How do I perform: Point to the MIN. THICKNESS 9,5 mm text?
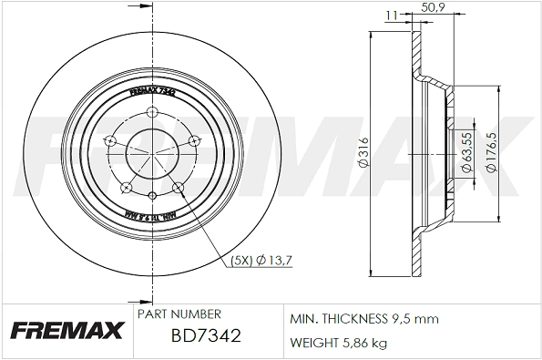[x=364, y=320]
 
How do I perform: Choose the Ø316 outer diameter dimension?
[x=363, y=153]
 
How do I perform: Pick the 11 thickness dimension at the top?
[x=391, y=15]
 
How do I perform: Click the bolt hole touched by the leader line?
[x=178, y=188]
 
